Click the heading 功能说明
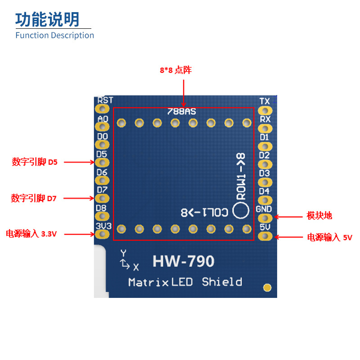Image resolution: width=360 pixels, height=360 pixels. [x=47, y=19]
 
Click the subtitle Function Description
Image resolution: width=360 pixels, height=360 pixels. [x=54, y=36]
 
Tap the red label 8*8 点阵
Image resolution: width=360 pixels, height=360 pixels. [x=176, y=70]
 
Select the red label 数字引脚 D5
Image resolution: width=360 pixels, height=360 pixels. [x=35, y=162]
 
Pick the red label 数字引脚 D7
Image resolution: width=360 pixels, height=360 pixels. [x=34, y=198]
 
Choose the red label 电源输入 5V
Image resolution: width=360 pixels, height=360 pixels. [x=330, y=237]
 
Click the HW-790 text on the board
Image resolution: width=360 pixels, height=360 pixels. [x=183, y=261]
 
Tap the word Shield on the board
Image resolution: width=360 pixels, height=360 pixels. [x=222, y=282]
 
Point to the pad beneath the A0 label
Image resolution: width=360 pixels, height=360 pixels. [x=103, y=126]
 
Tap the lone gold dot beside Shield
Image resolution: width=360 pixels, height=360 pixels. [x=267, y=287]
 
